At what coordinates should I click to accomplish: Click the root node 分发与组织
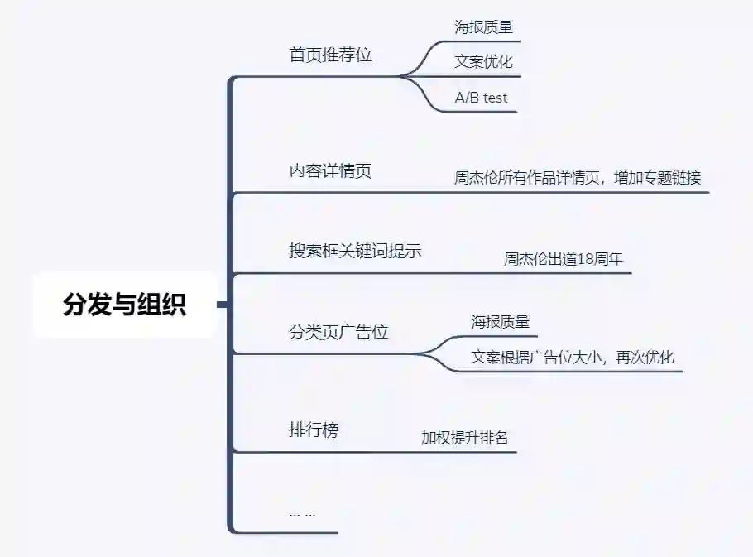pos(124,305)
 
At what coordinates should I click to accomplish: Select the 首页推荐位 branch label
pos(330,55)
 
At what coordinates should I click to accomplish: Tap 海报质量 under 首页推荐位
pos(483,26)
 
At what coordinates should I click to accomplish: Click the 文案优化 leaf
pos(483,61)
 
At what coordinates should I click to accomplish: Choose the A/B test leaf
pos(481,98)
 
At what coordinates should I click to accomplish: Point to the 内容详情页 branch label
pos(330,170)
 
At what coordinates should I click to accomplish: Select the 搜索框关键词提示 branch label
pos(355,251)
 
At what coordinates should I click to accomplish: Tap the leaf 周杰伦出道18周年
pos(564,258)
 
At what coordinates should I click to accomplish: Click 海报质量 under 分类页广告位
pos(500,321)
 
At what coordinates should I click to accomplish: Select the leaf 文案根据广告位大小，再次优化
pos(573,358)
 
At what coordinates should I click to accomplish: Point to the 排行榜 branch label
pos(314,430)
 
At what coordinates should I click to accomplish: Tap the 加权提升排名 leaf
pos(464,438)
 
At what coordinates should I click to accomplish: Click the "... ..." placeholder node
pos(302,513)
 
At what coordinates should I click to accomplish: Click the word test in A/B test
pos(495,98)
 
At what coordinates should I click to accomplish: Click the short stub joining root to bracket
pos(222,305)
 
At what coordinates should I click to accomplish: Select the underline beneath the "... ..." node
pos(285,532)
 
